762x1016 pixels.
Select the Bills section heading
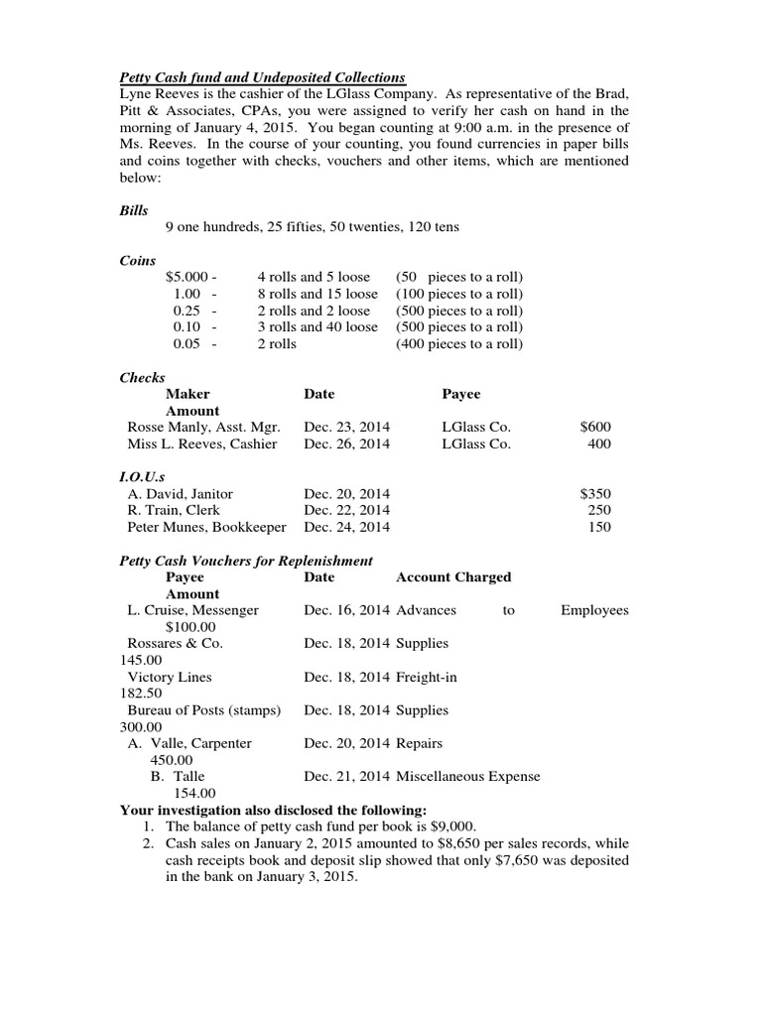coord(134,210)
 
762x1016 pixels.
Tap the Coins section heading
coord(138,260)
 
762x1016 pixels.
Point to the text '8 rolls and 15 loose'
coord(317,294)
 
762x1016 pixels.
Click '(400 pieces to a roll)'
coord(459,344)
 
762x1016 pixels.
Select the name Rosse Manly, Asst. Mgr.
coord(204,427)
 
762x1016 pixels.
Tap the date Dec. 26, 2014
coord(347,444)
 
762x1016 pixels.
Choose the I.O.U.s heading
coord(144,476)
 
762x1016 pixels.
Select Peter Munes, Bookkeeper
coord(207,527)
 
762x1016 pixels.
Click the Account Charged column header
coord(453,576)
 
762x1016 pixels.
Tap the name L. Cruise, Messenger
coord(193,610)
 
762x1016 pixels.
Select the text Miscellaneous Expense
coord(468,776)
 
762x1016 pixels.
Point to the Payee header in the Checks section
coord(460,394)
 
